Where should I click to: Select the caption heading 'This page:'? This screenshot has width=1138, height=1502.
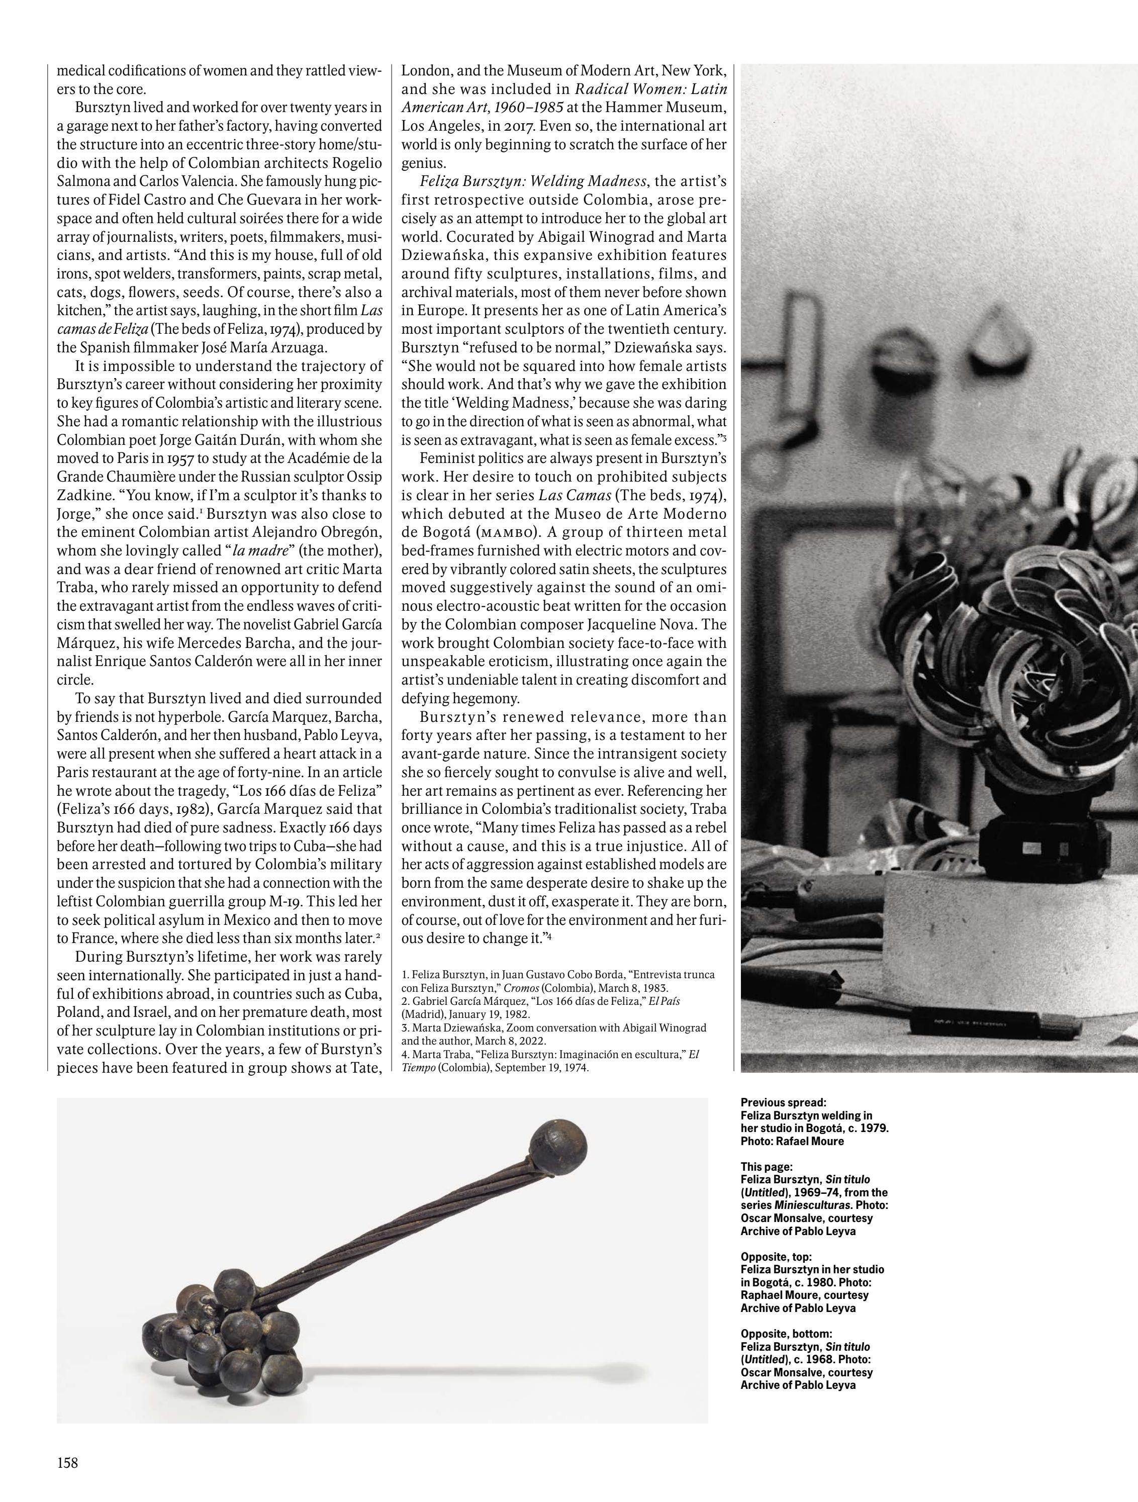pyautogui.click(x=766, y=1167)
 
